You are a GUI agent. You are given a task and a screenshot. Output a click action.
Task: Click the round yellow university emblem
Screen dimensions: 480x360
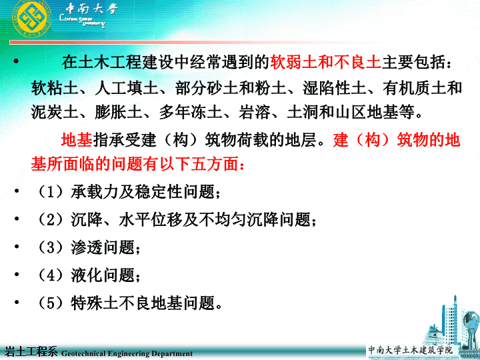click(31, 19)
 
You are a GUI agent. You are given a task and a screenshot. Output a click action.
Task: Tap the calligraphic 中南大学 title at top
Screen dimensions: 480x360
click(92, 8)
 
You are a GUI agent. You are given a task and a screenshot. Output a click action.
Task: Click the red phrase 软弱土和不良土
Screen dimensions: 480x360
click(325, 63)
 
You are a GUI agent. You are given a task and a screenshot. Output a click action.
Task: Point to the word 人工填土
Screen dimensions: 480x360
click(127, 88)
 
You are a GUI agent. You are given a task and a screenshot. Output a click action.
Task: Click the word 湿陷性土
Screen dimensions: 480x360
click(334, 88)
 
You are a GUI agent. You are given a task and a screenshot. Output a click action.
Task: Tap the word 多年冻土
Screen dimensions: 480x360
click(191, 112)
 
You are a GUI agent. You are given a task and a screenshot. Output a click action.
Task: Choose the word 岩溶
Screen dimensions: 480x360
click(255, 112)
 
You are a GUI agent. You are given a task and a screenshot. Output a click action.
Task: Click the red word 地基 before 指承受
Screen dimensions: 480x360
click(77, 140)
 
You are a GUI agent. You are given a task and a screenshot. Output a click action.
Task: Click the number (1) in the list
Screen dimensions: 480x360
click(51, 192)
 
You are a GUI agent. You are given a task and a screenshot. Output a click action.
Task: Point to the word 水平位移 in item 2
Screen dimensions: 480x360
click(151, 220)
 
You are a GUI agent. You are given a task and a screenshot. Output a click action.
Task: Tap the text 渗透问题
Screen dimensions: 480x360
click(103, 247)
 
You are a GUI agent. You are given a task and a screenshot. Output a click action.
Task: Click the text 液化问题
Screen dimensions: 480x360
click(103, 275)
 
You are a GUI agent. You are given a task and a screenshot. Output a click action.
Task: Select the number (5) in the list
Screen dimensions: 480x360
click(51, 303)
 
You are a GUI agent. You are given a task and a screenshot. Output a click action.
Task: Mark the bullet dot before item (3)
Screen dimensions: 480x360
click(17, 246)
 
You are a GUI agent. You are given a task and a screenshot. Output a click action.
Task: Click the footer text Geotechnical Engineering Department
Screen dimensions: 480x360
click(127, 353)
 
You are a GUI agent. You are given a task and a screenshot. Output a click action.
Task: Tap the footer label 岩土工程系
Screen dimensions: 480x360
click(31, 352)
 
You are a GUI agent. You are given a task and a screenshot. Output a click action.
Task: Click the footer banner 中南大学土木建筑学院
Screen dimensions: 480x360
click(410, 350)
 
